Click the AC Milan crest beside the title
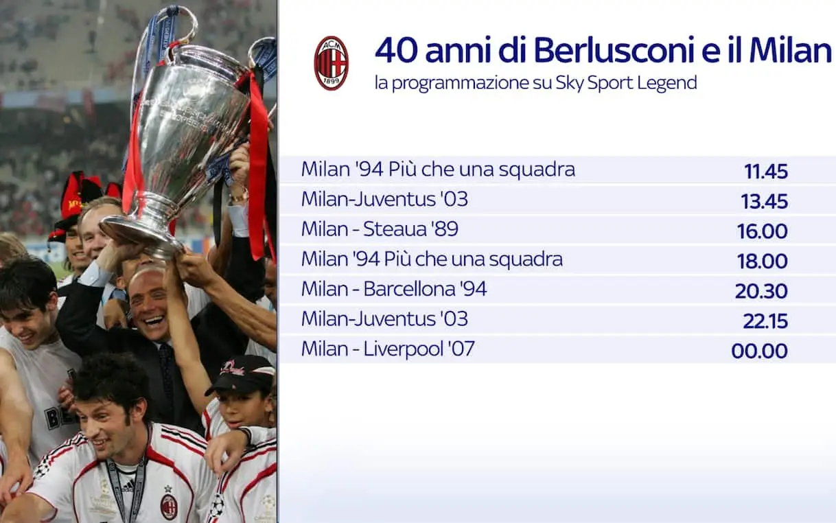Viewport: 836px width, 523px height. click(331, 63)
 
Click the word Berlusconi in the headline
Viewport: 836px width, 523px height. click(614, 50)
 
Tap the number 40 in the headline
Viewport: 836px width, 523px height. click(396, 50)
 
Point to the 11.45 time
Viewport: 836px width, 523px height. click(766, 172)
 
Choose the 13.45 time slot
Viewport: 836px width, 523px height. click(765, 201)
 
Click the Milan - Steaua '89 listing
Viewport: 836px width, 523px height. click(380, 229)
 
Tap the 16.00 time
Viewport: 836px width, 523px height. click(763, 231)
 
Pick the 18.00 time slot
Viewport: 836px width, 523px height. click(763, 261)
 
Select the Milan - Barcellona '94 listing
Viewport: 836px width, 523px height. click(394, 288)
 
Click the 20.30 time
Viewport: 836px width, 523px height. click(761, 291)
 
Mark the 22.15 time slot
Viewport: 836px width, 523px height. click(765, 321)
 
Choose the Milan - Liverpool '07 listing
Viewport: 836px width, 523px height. click(388, 348)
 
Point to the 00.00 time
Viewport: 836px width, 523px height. click(760, 351)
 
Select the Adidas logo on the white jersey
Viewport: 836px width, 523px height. click(128, 485)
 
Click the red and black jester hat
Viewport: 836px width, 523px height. click(80, 203)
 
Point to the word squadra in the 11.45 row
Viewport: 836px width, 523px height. click(537, 170)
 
